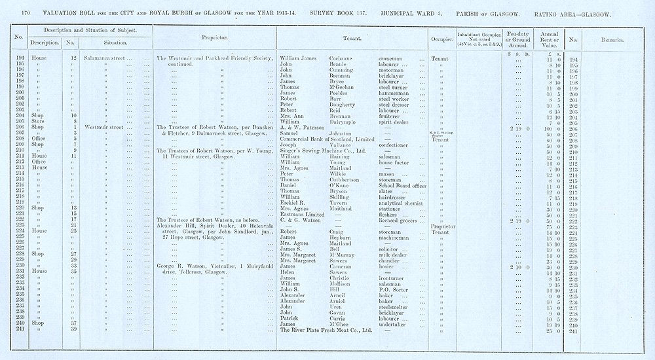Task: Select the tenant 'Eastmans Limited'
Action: pyautogui.click(x=302, y=215)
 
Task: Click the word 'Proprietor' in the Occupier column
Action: pyautogui.click(x=443, y=226)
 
